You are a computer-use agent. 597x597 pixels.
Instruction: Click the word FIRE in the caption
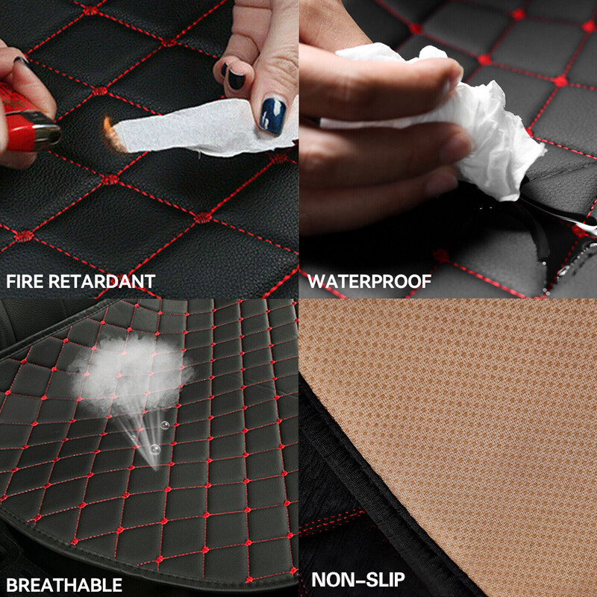[x=25, y=281]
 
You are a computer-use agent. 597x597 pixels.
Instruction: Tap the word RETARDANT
[x=102, y=281]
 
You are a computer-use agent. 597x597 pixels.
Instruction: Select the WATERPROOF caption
[x=369, y=281]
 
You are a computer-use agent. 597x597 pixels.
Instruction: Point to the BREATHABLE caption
[x=64, y=585]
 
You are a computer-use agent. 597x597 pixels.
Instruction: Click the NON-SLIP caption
[x=358, y=580]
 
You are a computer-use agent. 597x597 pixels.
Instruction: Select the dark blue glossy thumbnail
[x=272, y=116]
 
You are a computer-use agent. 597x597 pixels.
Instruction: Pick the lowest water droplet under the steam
[x=154, y=449]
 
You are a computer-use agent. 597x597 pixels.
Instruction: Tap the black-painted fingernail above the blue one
[x=236, y=79]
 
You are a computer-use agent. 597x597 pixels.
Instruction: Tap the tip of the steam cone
[x=155, y=469]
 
